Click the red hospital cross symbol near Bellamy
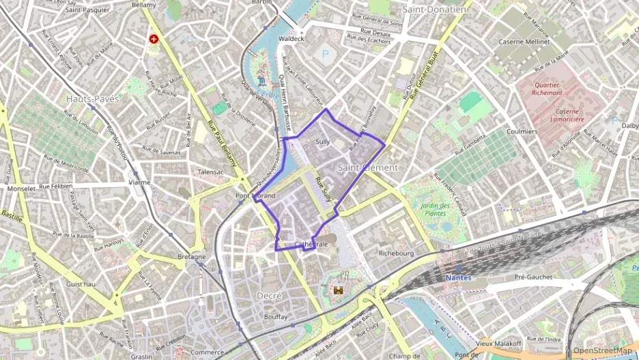[155, 39]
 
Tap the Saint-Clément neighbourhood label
[368, 167]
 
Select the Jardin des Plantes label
[436, 210]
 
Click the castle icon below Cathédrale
[337, 290]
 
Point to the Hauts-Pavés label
[93, 99]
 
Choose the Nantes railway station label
[457, 278]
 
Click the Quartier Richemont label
[558, 88]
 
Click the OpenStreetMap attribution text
[602, 351]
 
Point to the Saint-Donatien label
[434, 10]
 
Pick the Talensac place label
[210, 173]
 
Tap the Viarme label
[139, 183]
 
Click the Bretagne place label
[192, 257]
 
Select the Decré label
[269, 295]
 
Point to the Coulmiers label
[523, 130]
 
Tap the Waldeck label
[292, 39]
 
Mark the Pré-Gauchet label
[533, 277]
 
